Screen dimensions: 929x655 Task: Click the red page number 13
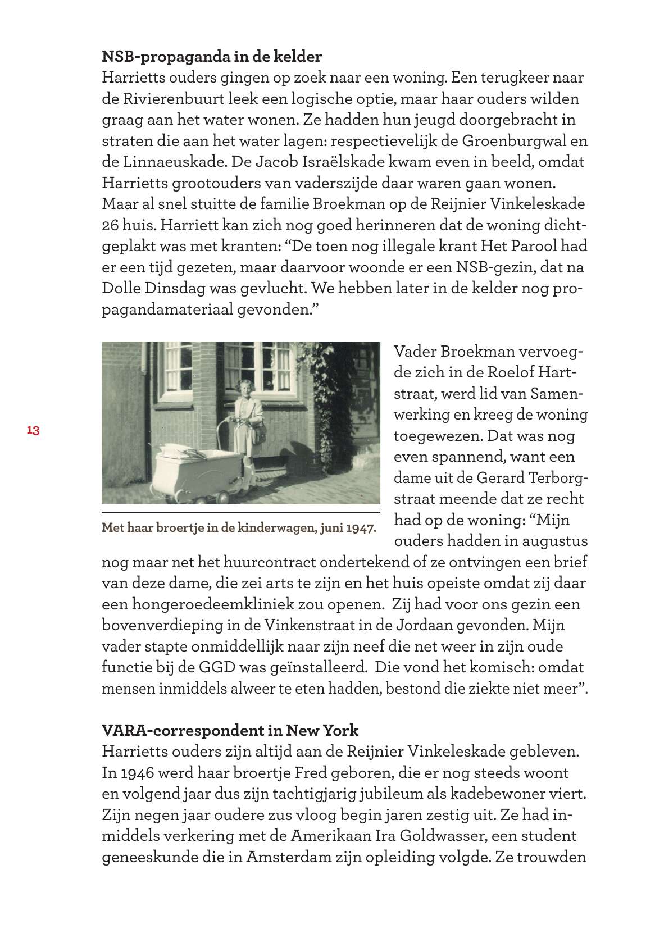(33, 431)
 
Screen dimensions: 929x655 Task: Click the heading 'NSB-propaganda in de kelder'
(212, 56)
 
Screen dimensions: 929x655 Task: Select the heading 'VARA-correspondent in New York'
(230, 730)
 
